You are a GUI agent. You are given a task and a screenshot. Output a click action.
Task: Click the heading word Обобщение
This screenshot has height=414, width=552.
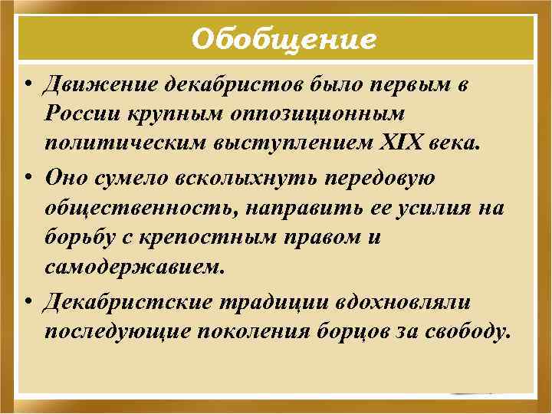284,38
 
